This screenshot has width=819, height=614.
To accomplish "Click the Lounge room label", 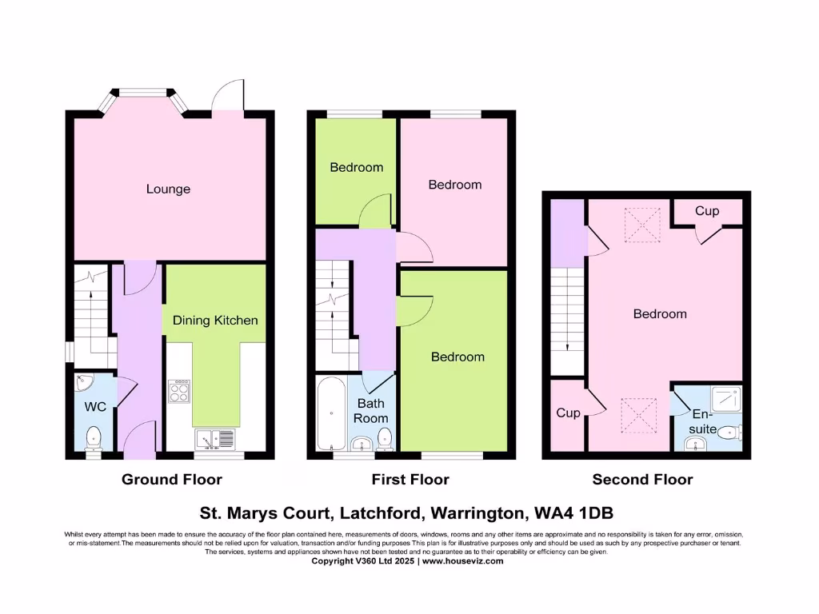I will pos(168,189).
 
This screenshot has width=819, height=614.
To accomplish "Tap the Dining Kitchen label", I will pos(215,321).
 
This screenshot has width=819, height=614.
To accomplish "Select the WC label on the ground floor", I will pos(95,407).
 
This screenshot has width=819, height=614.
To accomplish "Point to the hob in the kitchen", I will pos(178,391).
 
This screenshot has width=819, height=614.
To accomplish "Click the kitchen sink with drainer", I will pos(214,438).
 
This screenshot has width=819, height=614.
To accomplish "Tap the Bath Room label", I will pos(372,411).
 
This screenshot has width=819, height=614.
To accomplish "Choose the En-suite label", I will pos(703,422).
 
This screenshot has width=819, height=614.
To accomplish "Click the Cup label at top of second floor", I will pos(707,211).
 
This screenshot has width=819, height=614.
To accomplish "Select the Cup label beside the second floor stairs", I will pos(568,413).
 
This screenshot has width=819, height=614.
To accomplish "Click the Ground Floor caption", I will pos(172,480).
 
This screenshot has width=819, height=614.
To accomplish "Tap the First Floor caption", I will pos(410,480).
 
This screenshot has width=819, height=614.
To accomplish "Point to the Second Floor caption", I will pos(642,480).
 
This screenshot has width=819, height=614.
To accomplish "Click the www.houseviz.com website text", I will pos(463,561).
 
